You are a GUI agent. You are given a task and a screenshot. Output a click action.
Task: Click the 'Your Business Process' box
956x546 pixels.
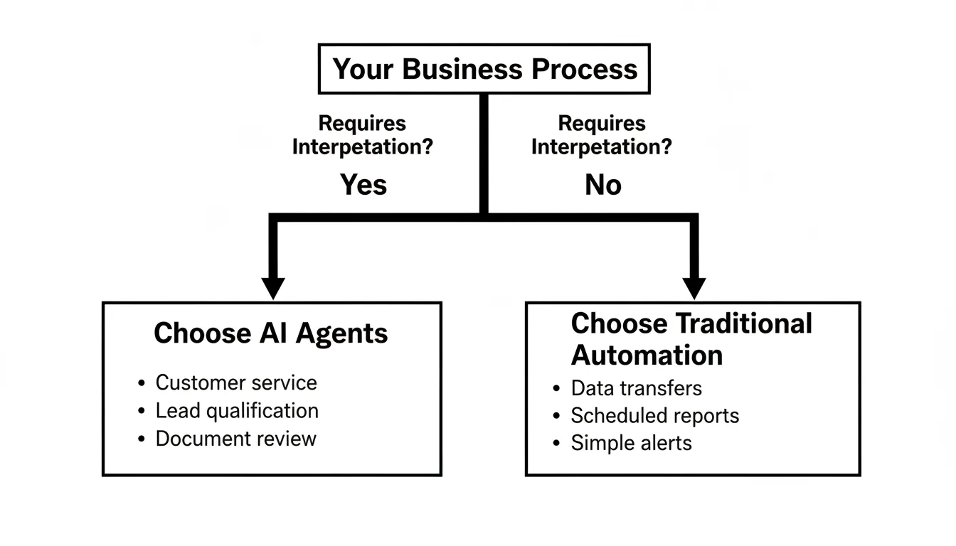(x=484, y=69)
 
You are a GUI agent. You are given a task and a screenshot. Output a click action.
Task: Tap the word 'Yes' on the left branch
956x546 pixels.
(x=363, y=185)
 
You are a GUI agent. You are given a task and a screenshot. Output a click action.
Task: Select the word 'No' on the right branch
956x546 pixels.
(x=603, y=185)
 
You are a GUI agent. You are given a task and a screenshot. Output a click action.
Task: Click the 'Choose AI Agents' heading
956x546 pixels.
(x=271, y=333)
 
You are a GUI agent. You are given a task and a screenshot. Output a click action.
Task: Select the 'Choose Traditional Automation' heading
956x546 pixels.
(x=691, y=338)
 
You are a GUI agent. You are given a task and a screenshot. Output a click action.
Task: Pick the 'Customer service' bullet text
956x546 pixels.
(x=236, y=382)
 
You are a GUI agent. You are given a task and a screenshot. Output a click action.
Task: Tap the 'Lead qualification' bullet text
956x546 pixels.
(x=237, y=411)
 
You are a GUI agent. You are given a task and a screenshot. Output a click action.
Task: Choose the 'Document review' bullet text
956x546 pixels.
(x=235, y=439)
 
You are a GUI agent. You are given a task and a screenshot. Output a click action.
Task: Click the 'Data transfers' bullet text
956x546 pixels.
(x=636, y=388)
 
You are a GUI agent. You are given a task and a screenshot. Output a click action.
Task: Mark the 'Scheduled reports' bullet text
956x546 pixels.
(x=654, y=416)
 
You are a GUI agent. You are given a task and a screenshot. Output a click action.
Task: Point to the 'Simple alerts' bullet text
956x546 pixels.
(x=631, y=443)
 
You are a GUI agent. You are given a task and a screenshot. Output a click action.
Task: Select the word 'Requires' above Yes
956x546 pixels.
(x=362, y=123)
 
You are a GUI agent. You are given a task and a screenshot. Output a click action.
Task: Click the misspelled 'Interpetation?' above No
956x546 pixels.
(x=602, y=147)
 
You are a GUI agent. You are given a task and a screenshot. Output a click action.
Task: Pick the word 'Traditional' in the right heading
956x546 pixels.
(x=742, y=323)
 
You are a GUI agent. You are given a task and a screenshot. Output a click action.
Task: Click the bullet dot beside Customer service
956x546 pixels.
(x=141, y=383)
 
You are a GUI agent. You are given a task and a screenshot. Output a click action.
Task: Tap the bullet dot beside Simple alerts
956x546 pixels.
(x=556, y=444)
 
